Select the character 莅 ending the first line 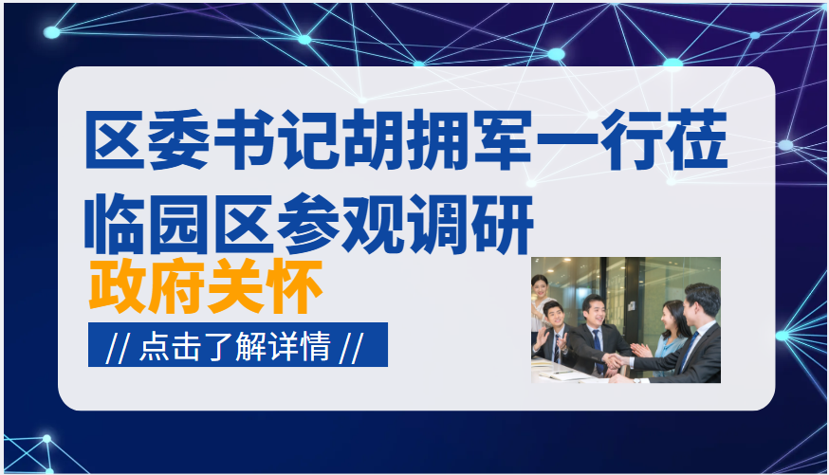pos(698,140)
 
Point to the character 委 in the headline pos(179,140)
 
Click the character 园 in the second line pos(179,224)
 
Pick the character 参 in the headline pos(309,224)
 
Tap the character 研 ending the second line pos(503,224)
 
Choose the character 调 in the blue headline pos(438,224)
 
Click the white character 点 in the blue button pos(155,347)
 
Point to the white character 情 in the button pos(315,347)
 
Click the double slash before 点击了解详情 pos(117,348)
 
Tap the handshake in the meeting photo pos(615,362)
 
